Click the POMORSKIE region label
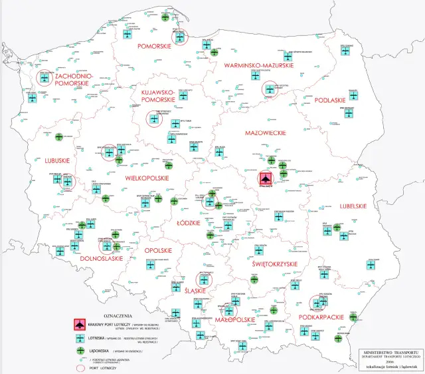pos(154,47)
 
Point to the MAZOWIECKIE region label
pos(264,133)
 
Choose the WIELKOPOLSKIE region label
pos(147,178)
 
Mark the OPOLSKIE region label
pos(158,250)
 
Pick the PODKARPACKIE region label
pos(320,317)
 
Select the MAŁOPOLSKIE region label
pos(236,319)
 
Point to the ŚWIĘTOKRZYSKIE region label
pos(268,265)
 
